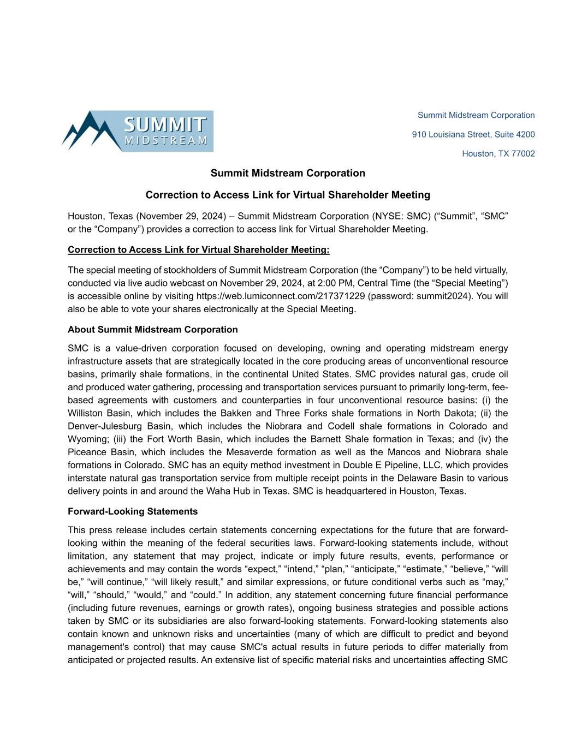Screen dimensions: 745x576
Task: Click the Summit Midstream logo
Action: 138,131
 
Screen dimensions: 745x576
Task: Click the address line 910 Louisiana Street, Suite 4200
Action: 473,134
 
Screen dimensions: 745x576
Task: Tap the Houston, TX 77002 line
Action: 498,153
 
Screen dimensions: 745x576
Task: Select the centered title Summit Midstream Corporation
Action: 288,173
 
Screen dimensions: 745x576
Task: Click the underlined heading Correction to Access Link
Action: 198,250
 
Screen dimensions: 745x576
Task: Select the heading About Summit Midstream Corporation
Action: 152,330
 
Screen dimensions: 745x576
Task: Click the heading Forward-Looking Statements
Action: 132,511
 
